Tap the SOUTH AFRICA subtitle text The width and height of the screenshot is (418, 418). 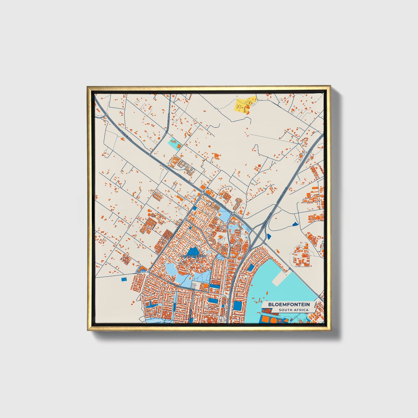pos(293,310)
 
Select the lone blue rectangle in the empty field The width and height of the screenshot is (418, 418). pos(124,279)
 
